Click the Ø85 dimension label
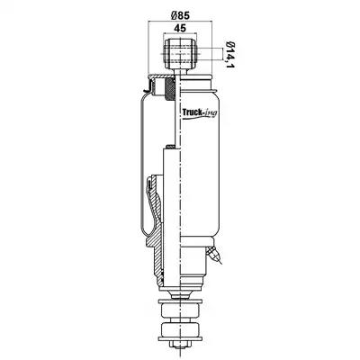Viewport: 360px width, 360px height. (x=181, y=14)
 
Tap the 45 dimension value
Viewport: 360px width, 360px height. (x=180, y=28)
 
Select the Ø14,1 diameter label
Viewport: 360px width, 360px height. (x=229, y=54)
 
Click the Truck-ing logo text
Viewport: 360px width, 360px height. (x=200, y=112)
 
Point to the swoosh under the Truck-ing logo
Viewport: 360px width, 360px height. (x=198, y=118)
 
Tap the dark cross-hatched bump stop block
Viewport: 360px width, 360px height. (x=170, y=89)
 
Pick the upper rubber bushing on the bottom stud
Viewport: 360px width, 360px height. (x=180, y=310)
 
